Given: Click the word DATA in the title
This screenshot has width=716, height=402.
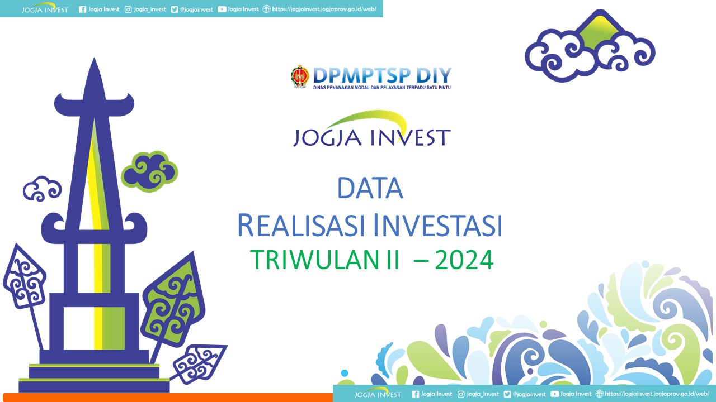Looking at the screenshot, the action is tap(370, 188).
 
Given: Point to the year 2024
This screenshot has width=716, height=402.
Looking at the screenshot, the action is tap(464, 260).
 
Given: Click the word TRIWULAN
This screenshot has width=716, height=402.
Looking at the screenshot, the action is tap(315, 260).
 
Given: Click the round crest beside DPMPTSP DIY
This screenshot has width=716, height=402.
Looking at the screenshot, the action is tap(300, 76).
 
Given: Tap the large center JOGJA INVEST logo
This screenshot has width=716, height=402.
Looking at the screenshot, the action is tap(372, 129).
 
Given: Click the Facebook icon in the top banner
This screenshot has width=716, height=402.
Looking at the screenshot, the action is tap(82, 9).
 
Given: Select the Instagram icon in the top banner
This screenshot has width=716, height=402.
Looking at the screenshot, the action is tap(128, 9).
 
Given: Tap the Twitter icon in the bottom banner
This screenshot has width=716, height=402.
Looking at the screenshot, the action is tap(507, 394).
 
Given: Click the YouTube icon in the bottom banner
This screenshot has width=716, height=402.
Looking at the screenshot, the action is tap(555, 394).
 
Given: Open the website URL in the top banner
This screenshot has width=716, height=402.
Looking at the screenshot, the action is tap(324, 9).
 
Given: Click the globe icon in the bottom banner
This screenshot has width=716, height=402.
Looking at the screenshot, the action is tap(599, 394).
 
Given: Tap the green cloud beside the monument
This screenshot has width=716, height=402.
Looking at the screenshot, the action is tap(149, 171).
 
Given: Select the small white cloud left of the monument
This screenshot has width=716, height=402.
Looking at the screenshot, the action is tap(42, 189).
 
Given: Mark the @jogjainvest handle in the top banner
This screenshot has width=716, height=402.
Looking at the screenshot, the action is tap(196, 9).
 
